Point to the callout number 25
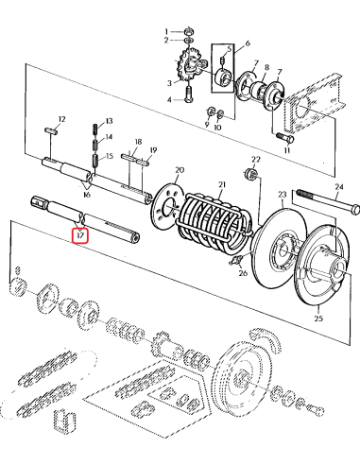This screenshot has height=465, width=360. tap(317, 320)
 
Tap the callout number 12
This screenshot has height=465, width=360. tap(61, 118)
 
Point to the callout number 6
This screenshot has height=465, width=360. tap(247, 43)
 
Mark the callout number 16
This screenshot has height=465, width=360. tap(86, 192)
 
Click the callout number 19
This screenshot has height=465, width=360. tap(154, 150)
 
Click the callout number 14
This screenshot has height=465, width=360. tap(109, 138)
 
